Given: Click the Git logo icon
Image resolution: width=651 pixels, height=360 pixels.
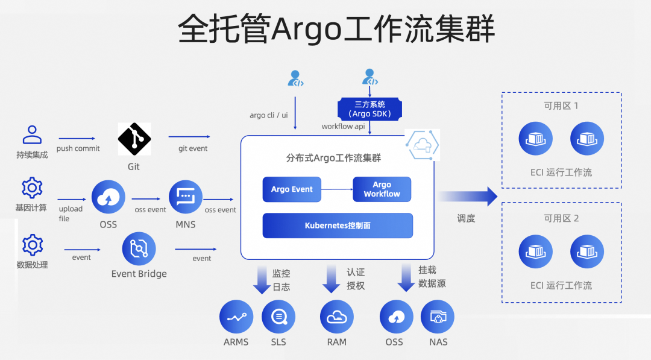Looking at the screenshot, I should pos(134,139).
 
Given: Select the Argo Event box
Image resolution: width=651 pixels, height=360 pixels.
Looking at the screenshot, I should pos(292,189).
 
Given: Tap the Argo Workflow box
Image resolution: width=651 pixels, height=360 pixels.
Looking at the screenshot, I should pos(382,189).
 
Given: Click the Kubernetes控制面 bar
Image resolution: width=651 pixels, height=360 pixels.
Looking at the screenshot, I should pos(338,226).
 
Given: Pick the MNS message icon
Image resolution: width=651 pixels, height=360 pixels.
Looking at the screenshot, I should pos(185,197).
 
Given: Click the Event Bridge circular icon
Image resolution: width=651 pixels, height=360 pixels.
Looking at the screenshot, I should pos(139,248).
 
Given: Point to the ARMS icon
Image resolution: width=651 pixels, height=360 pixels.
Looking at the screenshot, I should pos(236,317).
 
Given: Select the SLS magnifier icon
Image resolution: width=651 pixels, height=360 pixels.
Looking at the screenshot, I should pos(278,317).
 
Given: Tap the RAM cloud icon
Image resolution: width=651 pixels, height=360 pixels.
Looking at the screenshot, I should pos(336,317).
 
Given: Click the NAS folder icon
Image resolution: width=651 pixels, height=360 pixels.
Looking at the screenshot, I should pos(438,317).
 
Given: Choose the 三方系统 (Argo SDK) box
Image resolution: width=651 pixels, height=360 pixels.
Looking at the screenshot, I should pos(370,109).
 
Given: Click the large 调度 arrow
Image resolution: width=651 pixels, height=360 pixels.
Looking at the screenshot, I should pos(467,196).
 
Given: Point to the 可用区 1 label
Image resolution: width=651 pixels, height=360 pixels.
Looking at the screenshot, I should pos(561,106).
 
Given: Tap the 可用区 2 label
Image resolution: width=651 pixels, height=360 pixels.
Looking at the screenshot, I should pos(561,218).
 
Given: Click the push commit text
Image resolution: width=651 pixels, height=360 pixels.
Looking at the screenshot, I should pos(78,148).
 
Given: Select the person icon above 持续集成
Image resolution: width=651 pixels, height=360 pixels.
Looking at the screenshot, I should pos(32,135).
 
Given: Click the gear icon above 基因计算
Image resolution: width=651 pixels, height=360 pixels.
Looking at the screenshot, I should pos(32,188).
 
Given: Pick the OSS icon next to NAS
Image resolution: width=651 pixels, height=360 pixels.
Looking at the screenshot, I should pos(396,317).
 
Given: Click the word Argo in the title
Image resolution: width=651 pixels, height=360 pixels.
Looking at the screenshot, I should pos(307,29).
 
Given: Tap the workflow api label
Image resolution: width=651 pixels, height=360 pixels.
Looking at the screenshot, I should pos(343,126).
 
